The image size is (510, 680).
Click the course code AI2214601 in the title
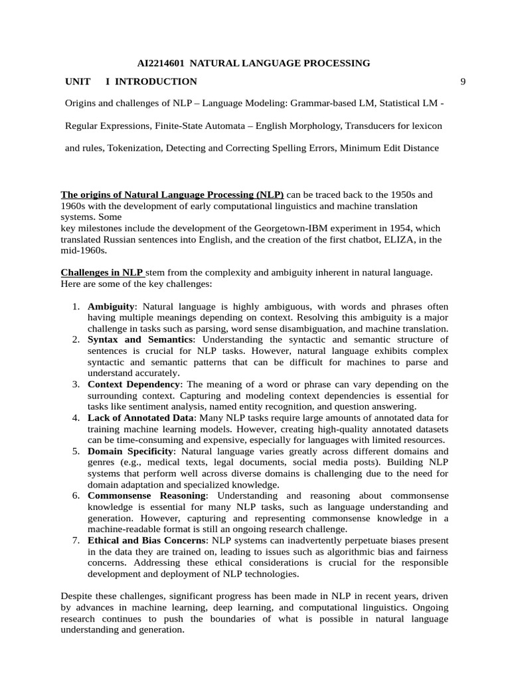(161, 63)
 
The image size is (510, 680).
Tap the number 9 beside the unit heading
(463, 82)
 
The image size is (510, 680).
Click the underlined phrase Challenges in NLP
(102, 272)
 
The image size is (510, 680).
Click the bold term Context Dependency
(133, 384)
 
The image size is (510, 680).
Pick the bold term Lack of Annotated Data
(141, 418)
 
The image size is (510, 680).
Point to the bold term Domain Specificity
(130, 451)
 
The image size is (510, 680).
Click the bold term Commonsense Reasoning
(147, 495)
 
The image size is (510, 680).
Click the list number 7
(76, 541)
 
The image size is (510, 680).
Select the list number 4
(76, 418)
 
